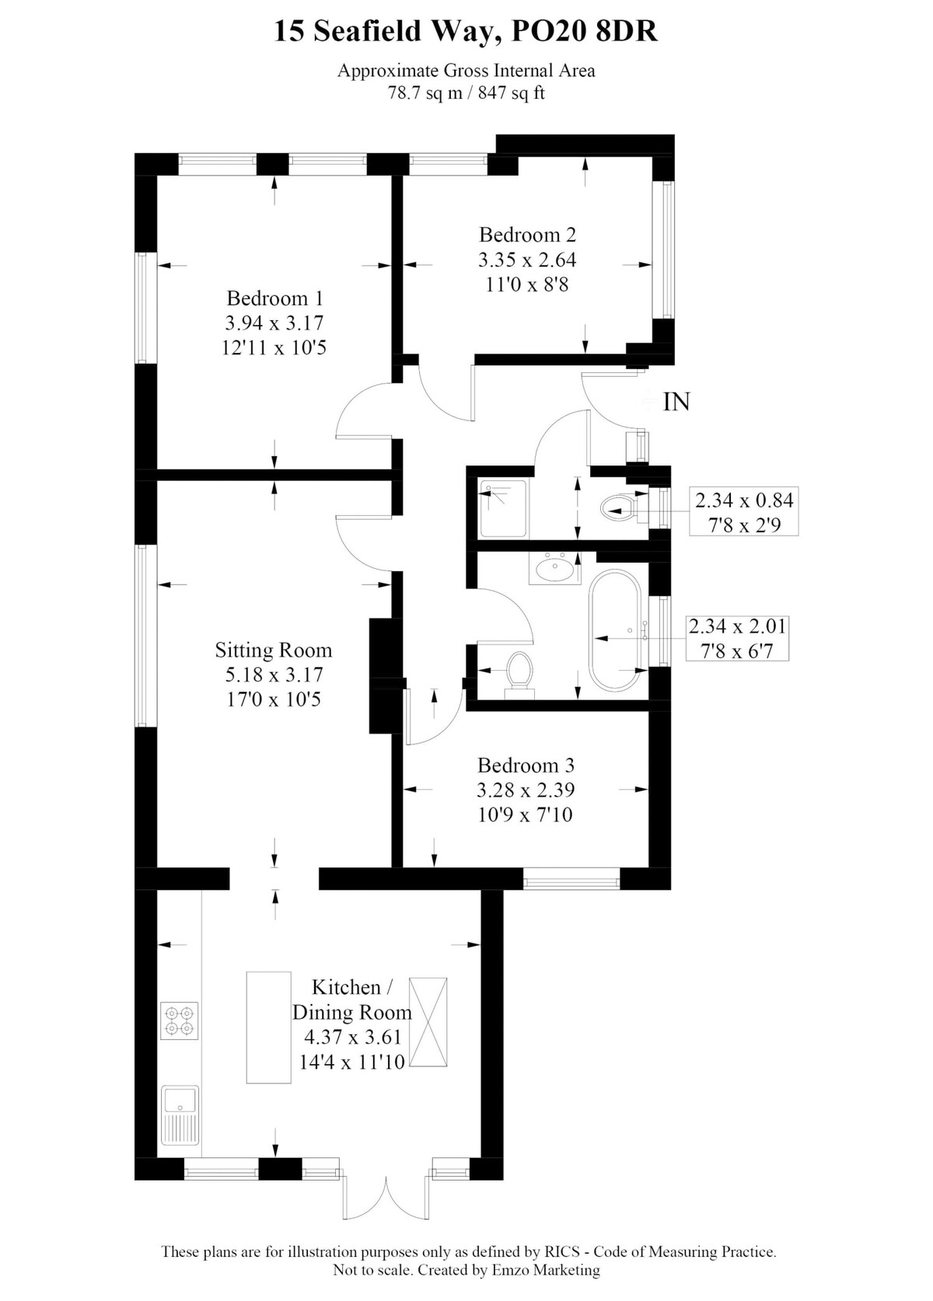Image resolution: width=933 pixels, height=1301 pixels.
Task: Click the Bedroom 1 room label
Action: pos(274,298)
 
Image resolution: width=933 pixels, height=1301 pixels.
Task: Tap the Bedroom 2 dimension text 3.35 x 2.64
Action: pos(527,260)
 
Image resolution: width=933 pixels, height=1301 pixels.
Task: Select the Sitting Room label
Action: pos(274,650)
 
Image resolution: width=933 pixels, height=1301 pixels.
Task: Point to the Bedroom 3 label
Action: pos(526,765)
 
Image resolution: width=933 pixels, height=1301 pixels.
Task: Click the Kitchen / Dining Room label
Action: pos(351,999)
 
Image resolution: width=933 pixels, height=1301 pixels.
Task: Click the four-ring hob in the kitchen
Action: pos(179,1020)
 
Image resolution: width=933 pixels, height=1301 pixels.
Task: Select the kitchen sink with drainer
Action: pos(180,1114)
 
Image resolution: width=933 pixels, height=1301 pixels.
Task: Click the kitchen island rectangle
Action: pos(268,1026)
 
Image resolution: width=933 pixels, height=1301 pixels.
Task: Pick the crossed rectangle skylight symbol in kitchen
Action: pos(428,1021)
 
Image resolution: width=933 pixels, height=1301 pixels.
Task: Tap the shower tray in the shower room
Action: pos(503,509)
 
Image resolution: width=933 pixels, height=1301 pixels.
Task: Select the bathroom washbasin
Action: pos(554,567)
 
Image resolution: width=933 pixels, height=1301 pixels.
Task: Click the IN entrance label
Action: pos(676,402)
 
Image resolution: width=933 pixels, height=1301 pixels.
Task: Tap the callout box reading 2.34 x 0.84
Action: pos(744,511)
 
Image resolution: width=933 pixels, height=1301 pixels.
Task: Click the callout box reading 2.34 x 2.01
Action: pos(737,638)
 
